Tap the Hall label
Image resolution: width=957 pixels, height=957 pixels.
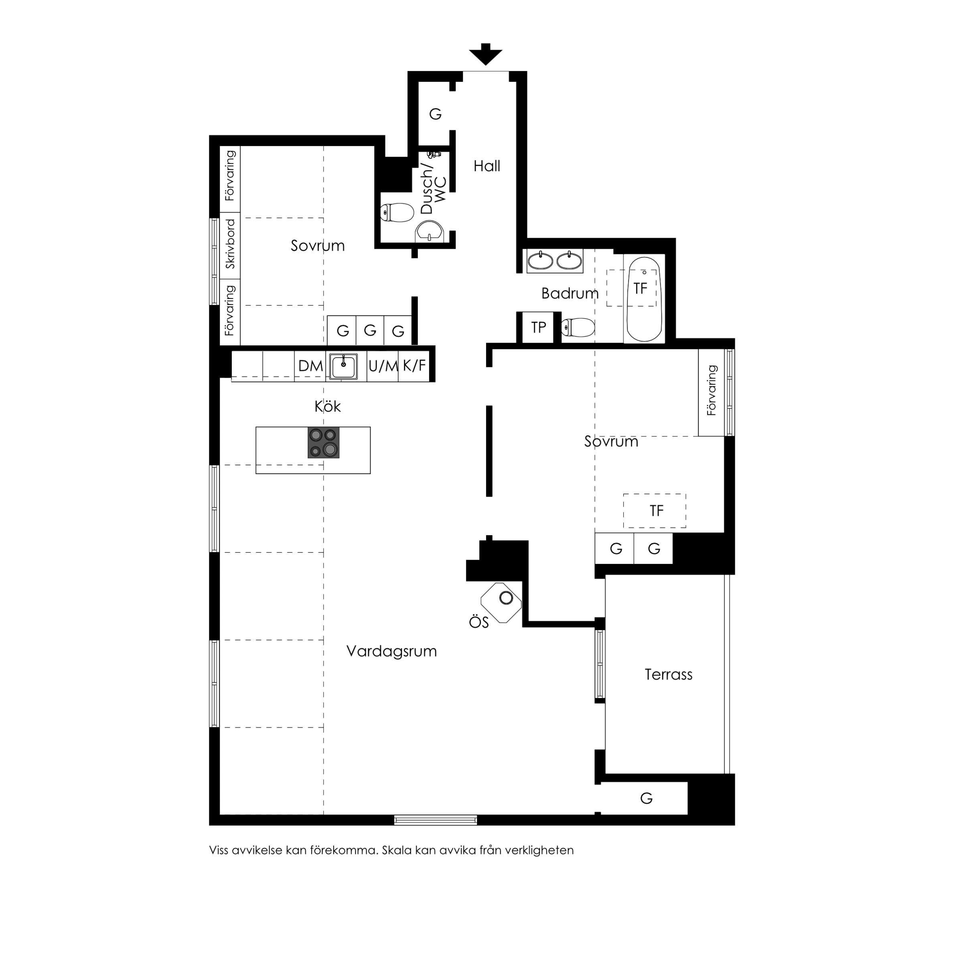pyautogui.click(x=487, y=166)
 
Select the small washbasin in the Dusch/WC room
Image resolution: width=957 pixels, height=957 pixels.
pyautogui.click(x=430, y=231)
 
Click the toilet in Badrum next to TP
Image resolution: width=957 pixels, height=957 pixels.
pyautogui.click(x=578, y=327)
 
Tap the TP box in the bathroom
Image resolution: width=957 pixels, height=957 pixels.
pyautogui.click(x=538, y=327)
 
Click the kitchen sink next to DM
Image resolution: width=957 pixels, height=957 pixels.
pyautogui.click(x=343, y=367)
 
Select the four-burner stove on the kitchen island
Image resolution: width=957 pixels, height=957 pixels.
pyautogui.click(x=323, y=442)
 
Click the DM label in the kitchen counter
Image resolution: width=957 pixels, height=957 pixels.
pyautogui.click(x=310, y=366)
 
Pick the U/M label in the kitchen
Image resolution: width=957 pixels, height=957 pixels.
pyautogui.click(x=383, y=366)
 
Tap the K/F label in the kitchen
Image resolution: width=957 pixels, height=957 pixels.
pyautogui.click(x=414, y=365)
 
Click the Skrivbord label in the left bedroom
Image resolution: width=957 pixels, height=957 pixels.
pyautogui.click(x=230, y=244)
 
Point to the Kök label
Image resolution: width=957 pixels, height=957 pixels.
pyautogui.click(x=327, y=406)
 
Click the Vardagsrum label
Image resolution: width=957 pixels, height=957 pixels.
pyautogui.click(x=391, y=651)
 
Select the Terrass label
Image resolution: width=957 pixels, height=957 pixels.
pyautogui.click(x=668, y=674)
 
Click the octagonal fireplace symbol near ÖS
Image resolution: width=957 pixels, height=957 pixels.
pyautogui.click(x=501, y=603)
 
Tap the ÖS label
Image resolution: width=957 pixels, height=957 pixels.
pyautogui.click(x=478, y=622)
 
